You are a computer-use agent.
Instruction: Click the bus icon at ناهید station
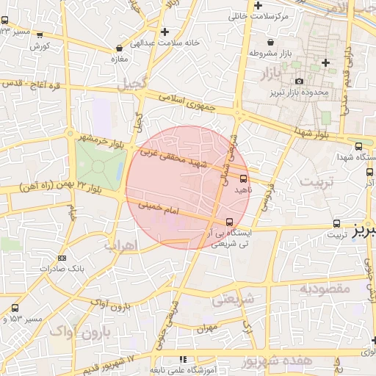pos(244,178)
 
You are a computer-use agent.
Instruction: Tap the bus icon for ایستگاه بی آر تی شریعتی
pos(230,221)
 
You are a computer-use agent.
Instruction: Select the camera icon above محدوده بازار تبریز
pos(299,81)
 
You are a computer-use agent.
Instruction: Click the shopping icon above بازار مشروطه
pos(272,42)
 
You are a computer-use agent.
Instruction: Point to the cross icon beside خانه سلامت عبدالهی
pos(165,32)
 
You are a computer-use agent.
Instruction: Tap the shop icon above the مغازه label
pos(115,48)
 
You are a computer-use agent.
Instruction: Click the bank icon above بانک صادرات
pos(61,258)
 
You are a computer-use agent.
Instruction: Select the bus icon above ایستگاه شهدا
pos(358,146)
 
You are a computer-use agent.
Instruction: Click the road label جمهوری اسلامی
pos(190,104)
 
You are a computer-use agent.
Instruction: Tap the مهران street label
pos(209,328)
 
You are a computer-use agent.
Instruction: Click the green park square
pos(99,163)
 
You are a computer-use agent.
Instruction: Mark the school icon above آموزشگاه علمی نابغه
pos(183,360)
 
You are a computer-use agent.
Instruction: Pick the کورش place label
pos(40,46)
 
